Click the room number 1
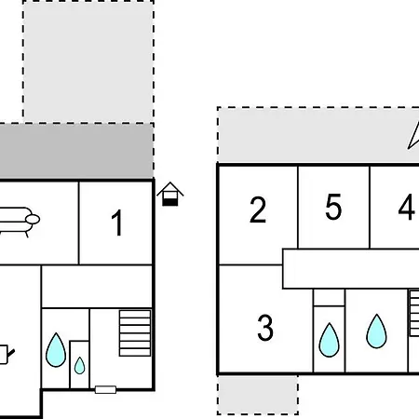click(117, 223)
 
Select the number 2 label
click(258, 209)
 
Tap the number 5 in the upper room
click(333, 207)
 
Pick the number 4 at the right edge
click(407, 207)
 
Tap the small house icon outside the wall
click(170, 194)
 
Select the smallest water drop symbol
click(80, 366)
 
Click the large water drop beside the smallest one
click(56, 350)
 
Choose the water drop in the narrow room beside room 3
click(330, 340)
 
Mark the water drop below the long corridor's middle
click(376, 331)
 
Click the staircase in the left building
click(135, 332)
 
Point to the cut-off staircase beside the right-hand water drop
click(414, 313)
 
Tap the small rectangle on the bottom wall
click(105, 389)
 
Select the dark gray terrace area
click(76, 152)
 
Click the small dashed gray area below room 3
click(258, 395)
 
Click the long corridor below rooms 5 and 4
click(351, 269)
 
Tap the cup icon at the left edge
click(7, 354)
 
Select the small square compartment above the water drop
click(329, 298)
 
